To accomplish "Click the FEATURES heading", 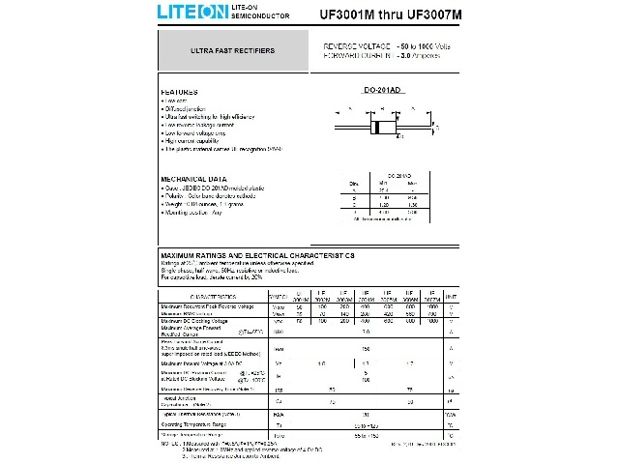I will (x=179, y=91).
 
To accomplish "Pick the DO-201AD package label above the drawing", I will (x=381, y=90).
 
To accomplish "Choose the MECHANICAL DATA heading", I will (x=193, y=179).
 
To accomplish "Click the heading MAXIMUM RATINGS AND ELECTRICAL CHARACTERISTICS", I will (x=256, y=255).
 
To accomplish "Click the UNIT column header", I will (x=452, y=297).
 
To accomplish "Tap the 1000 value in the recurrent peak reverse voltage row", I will (x=432, y=306).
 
